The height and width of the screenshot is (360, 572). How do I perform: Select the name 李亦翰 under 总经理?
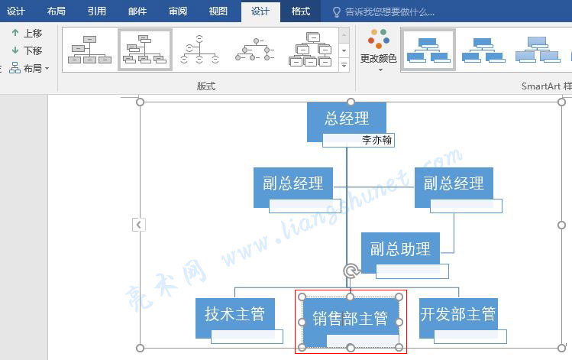[376, 140]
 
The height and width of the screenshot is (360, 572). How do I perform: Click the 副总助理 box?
[400, 250]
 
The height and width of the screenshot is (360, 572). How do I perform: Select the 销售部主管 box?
[351, 319]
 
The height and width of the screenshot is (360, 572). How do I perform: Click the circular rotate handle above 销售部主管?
[351, 271]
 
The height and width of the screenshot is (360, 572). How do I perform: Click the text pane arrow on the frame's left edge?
[139, 225]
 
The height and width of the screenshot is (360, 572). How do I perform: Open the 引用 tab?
[97, 11]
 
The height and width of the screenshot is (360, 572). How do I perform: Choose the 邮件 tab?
[137, 11]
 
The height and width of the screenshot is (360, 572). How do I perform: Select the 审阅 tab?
[178, 11]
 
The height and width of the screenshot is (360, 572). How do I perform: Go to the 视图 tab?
[218, 11]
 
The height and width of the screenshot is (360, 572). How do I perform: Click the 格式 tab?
[301, 11]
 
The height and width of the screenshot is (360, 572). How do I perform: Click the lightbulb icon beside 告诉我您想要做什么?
[337, 12]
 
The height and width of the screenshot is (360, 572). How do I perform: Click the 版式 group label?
[206, 86]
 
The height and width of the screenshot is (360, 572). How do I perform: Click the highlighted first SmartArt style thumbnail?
[428, 50]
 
